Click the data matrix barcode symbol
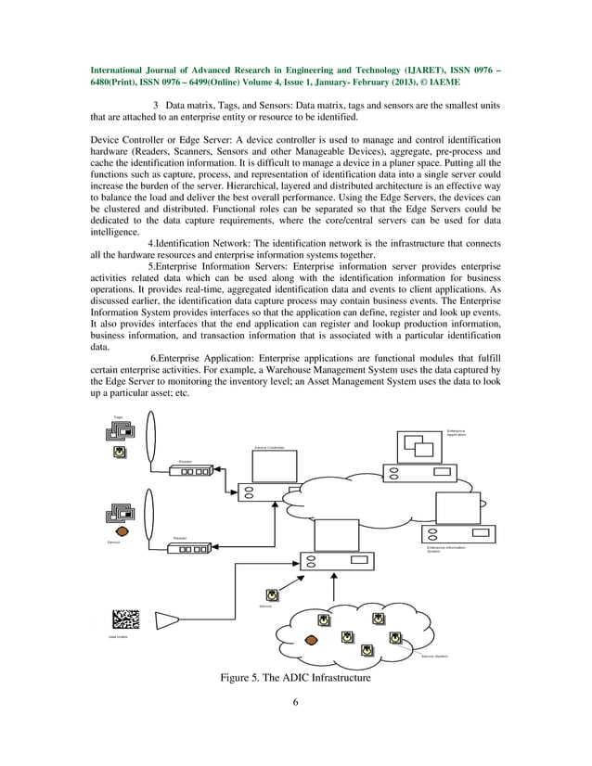coord(126,619)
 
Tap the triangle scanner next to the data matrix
coord(169,619)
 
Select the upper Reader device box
coord(195,471)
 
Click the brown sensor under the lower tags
coord(120,532)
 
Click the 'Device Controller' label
coord(269,448)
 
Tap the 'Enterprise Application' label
coord(457,432)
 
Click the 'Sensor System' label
coord(434,656)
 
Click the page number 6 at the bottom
coord(295,702)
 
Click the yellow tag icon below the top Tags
coord(120,452)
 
